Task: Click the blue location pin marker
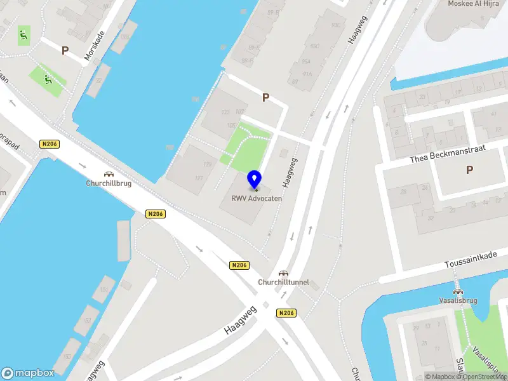click(x=255, y=180)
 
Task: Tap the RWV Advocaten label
click(x=256, y=198)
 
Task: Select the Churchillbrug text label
click(x=109, y=184)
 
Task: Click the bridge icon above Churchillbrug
click(x=109, y=174)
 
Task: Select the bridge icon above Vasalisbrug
click(x=457, y=290)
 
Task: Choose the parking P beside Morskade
click(x=65, y=50)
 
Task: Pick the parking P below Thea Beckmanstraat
click(x=469, y=170)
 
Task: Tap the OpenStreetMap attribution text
click(x=486, y=377)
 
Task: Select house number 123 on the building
click(x=225, y=112)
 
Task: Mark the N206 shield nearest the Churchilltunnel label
click(x=239, y=265)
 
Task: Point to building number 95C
click(x=315, y=46)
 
